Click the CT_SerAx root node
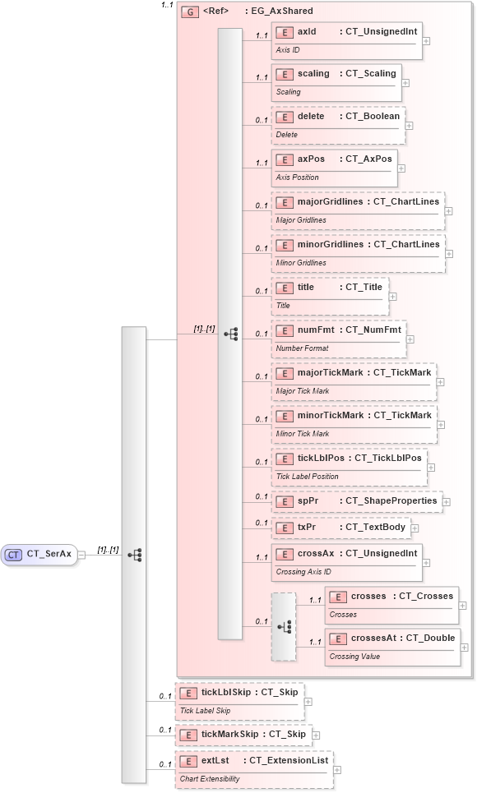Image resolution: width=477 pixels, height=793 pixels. click(x=39, y=555)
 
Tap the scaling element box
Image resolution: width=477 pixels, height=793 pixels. click(x=336, y=81)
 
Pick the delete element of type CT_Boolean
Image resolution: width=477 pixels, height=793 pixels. click(x=338, y=124)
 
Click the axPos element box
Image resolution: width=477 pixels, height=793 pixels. click(x=334, y=167)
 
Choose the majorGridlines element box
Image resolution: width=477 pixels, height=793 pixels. click(x=358, y=210)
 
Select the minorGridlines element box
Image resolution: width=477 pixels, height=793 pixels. click(x=358, y=252)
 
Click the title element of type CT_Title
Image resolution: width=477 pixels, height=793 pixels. click(x=330, y=295)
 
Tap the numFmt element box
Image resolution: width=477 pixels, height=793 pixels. click(x=339, y=338)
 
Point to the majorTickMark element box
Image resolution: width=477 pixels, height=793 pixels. click(x=354, y=380)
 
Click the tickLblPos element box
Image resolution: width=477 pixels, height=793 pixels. click(x=349, y=466)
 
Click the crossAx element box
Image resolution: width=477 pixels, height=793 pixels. click(x=346, y=561)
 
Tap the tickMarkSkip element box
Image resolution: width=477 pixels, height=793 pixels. click(x=242, y=734)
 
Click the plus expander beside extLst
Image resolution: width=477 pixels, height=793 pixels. click(x=336, y=769)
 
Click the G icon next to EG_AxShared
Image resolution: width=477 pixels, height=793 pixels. click(x=189, y=12)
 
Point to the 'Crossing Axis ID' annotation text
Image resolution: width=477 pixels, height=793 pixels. click(x=303, y=572)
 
